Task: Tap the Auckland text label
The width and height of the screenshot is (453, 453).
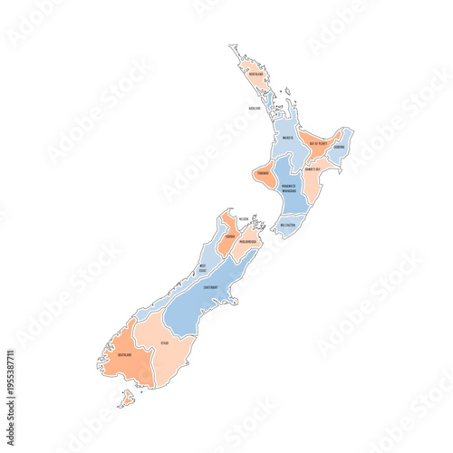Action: click(255, 108)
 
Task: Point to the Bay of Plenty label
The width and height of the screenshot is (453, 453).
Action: click(318, 143)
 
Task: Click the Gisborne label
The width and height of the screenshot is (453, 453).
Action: click(339, 147)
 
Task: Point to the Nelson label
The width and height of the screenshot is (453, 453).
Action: click(244, 219)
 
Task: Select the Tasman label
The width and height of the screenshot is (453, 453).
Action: click(231, 237)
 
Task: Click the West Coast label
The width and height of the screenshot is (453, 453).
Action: click(203, 267)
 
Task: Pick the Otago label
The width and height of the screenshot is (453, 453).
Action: click(164, 342)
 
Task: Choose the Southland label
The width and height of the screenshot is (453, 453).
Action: click(124, 356)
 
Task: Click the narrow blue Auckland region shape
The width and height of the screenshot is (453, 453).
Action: click(271, 104)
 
